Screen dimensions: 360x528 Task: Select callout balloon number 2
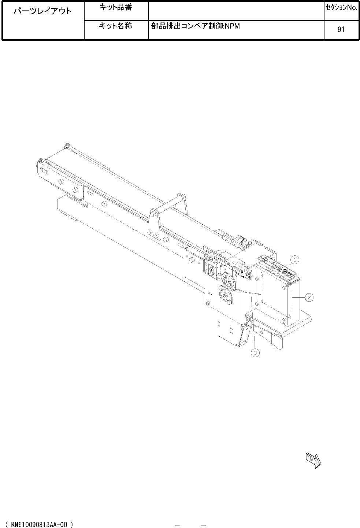click(309, 298)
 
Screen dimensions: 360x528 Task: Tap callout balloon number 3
click(255, 353)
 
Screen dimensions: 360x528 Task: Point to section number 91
click(341, 29)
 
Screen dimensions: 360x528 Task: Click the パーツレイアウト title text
click(42, 11)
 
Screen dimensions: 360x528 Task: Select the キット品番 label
click(115, 8)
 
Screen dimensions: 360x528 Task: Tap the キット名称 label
click(115, 26)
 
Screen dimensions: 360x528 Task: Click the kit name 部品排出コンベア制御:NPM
click(195, 26)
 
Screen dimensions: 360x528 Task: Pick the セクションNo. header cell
click(342, 8)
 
